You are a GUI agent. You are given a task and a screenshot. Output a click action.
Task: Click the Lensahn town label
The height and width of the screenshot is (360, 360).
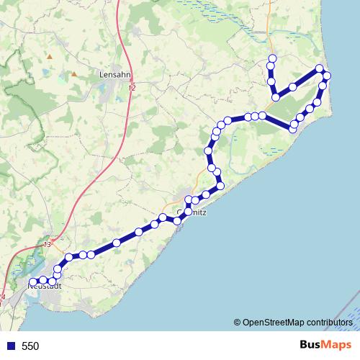[x=114, y=73]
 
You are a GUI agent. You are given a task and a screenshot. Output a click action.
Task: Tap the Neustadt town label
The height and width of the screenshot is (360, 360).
[x=45, y=286]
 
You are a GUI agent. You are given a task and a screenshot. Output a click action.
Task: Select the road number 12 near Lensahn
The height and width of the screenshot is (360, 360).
[x=131, y=87]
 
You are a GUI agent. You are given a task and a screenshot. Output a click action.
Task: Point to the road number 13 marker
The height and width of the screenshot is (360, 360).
[x=48, y=246]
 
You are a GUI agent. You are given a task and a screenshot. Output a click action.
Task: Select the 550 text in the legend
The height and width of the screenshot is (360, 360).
[x=30, y=346]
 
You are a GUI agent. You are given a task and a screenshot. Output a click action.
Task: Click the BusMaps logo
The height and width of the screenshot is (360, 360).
[x=323, y=345]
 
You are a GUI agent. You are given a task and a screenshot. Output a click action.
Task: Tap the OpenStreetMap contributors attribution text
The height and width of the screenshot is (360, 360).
[x=297, y=323]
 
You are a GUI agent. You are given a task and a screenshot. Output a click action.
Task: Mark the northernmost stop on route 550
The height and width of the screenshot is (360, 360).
[x=272, y=58]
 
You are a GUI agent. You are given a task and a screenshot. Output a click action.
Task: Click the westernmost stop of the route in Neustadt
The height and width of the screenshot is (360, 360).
[x=32, y=282]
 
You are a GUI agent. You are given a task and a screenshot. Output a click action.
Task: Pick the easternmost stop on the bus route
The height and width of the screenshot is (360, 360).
[x=327, y=76]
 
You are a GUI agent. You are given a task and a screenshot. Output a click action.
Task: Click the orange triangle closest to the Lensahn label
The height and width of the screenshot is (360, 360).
[x=73, y=73]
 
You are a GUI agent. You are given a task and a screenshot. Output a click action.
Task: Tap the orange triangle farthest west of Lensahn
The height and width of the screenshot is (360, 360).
[x=50, y=55]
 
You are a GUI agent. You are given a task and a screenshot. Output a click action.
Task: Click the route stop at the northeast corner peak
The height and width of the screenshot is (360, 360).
[x=320, y=69]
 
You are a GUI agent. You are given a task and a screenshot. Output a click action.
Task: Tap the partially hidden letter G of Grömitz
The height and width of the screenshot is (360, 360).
[x=179, y=213]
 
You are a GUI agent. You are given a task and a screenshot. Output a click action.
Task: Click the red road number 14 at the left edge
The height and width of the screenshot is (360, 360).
[x=2, y=296]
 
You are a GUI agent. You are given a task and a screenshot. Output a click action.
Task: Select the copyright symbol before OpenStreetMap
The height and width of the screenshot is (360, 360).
[x=237, y=323]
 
